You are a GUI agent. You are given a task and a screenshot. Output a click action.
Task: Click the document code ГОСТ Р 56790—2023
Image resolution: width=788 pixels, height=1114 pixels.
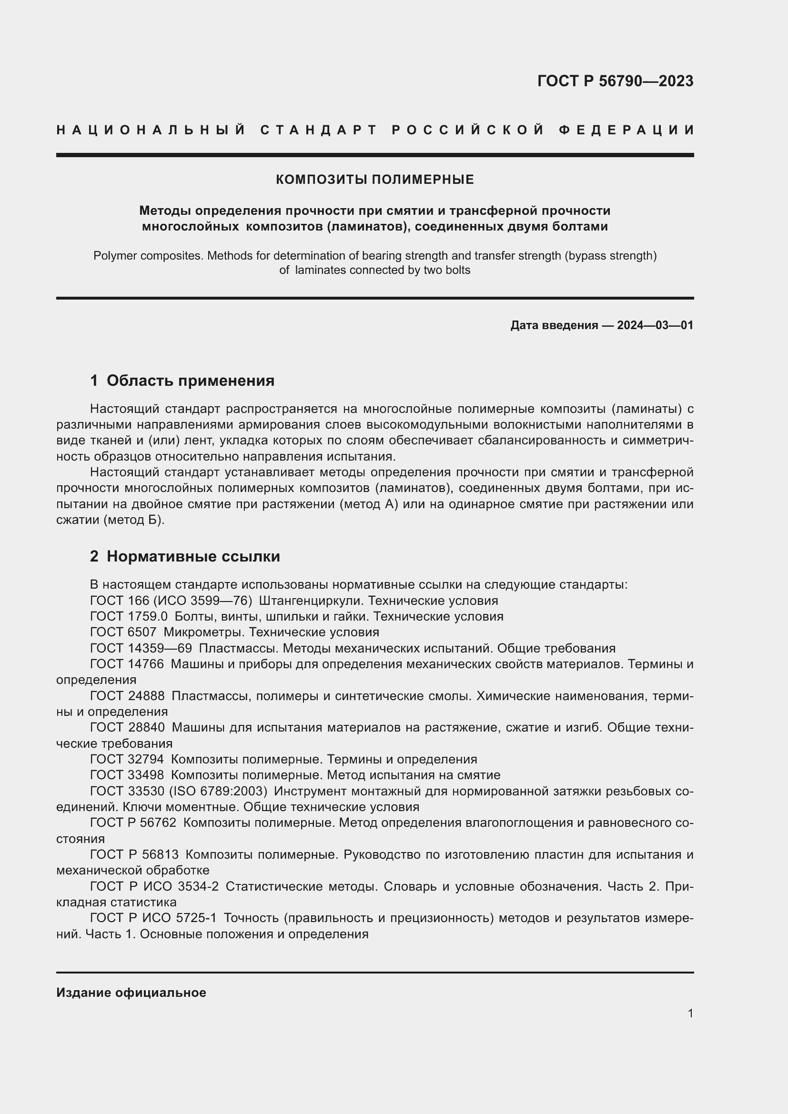615,81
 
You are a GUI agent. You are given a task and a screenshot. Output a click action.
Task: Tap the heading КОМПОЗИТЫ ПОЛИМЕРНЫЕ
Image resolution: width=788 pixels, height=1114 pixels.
374,180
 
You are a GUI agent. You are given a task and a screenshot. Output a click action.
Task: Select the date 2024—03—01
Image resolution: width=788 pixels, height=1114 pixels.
655,326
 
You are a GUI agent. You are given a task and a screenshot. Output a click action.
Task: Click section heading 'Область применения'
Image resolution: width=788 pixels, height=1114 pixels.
190,381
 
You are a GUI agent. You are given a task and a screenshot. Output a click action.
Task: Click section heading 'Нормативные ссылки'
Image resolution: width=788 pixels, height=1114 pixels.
193,556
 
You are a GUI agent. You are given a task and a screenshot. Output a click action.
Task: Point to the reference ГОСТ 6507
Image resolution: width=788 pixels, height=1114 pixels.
123,632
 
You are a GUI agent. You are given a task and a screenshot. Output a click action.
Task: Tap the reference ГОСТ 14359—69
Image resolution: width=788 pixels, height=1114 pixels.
141,649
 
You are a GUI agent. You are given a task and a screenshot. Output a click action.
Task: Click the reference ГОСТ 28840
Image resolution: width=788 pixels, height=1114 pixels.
127,728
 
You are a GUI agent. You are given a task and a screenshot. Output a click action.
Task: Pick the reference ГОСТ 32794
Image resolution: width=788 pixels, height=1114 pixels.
127,759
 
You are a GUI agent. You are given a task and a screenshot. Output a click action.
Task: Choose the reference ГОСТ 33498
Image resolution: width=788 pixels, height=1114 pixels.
127,775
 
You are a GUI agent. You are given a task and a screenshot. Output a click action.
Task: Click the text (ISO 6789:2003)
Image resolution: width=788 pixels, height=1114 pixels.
218,792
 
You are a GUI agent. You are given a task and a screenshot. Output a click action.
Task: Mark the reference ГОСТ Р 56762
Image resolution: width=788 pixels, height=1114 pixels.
133,823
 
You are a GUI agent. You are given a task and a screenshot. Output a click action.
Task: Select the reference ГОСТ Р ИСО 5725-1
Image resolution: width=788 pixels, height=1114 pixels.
153,918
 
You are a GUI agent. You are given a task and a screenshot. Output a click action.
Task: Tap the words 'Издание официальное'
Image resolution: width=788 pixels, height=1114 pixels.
131,993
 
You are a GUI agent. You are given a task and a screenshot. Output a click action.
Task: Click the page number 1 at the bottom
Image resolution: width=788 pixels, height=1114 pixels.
690,1013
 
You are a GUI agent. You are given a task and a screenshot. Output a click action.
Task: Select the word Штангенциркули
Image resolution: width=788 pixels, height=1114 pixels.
311,601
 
